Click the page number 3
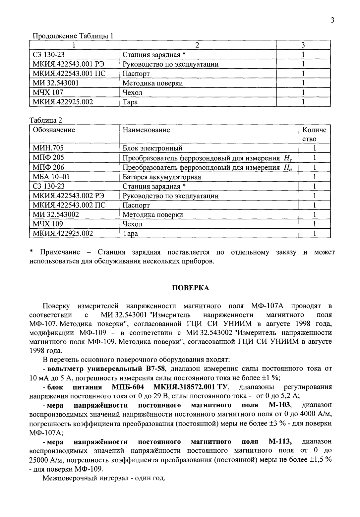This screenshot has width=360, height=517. coord(332,21)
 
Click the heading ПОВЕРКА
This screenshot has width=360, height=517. coord(190,288)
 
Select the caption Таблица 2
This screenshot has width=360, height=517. coord(46,120)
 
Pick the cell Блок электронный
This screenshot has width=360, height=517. coord(152,148)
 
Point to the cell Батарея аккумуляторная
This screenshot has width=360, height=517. coord(162,177)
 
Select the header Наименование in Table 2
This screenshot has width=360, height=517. coord(146,130)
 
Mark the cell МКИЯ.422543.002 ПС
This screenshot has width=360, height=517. coord(69,205)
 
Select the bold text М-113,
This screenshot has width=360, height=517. coord(280,441)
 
